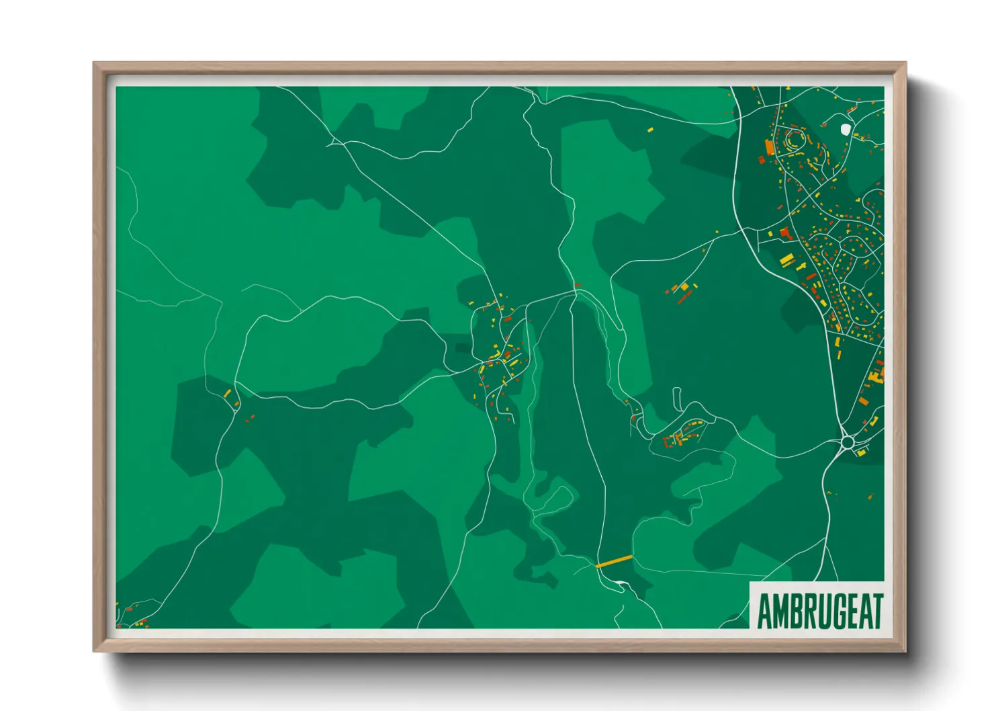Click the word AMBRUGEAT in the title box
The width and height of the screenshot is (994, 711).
coord(819,610)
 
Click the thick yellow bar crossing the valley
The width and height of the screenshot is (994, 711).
coord(614,561)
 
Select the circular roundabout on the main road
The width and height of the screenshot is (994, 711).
coord(848,442)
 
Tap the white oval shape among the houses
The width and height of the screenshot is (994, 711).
coord(846,128)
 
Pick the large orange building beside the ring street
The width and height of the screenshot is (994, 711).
coord(770,147)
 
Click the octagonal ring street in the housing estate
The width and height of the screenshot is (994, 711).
coord(795,140)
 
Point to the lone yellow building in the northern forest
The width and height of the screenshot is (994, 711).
coord(649,128)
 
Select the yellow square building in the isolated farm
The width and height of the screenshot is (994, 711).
coord(684,288)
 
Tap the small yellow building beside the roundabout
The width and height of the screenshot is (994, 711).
coord(860,452)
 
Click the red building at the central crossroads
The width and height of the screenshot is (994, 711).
coord(482,368)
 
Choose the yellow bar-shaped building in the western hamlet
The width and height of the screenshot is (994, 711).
coord(227,393)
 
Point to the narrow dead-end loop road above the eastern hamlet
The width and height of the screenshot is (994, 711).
coord(676,398)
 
